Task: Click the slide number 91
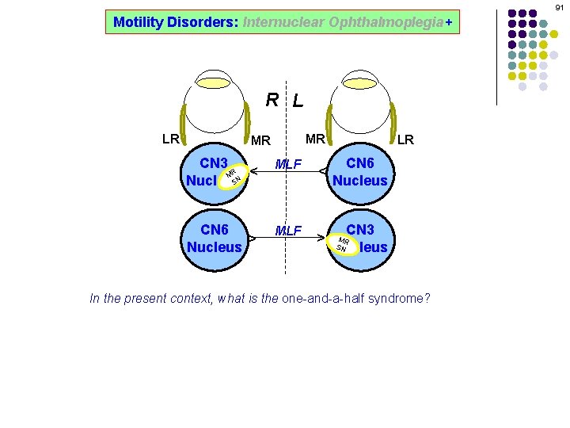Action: (558, 7)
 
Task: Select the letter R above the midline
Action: (272, 100)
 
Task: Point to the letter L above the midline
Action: (297, 101)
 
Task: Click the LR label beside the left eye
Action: (170, 139)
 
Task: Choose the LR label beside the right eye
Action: (405, 139)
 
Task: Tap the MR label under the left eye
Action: (260, 141)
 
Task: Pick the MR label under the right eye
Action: (315, 139)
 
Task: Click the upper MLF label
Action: (288, 164)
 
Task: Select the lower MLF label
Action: (288, 231)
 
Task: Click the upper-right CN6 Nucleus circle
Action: (360, 172)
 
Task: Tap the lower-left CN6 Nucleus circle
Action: (215, 238)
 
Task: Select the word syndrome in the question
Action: (401, 299)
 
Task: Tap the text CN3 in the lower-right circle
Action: (360, 229)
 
